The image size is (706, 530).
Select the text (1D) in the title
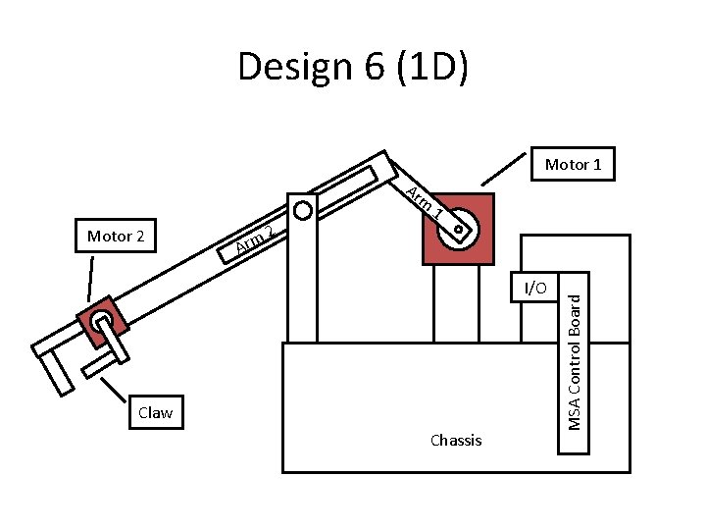click(x=431, y=67)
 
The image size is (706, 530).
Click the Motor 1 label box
click(x=573, y=165)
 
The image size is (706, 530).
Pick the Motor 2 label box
click(x=116, y=237)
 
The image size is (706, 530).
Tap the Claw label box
click(x=156, y=412)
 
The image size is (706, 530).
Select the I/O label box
click(x=536, y=288)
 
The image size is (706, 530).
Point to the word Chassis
click(x=456, y=441)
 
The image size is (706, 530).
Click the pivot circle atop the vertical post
click(x=303, y=210)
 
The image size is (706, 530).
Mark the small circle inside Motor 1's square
click(x=459, y=232)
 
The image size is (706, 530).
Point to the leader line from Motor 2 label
click(x=91, y=279)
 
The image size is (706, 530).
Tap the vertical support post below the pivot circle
click(x=304, y=285)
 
